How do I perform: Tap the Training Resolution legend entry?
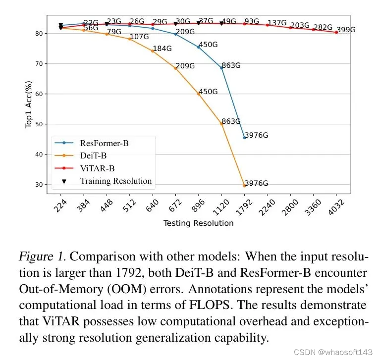[x=115, y=181]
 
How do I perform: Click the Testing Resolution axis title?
[x=198, y=223]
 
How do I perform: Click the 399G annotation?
[x=346, y=30]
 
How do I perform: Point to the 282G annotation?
[x=323, y=27]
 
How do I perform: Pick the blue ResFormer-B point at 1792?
[x=244, y=138]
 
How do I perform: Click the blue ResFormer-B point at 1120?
[x=221, y=67]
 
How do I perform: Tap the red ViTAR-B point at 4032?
[x=336, y=32]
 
